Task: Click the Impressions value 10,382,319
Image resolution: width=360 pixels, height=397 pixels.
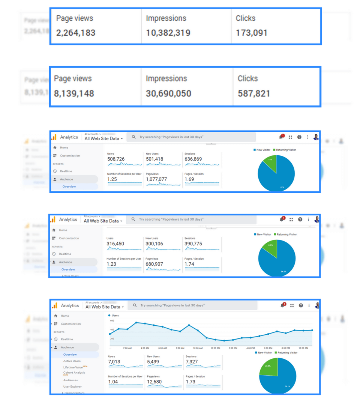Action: [x=168, y=33]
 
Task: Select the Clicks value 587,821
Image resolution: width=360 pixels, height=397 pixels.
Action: [x=254, y=93]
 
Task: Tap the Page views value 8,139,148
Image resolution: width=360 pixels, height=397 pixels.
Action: [x=74, y=93]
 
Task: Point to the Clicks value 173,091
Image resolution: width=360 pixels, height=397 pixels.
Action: [x=251, y=33]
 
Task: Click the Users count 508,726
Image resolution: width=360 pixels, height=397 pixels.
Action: [x=116, y=159]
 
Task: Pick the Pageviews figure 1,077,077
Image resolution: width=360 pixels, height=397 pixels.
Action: [x=156, y=179]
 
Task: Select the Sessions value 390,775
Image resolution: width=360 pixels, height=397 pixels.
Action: [x=193, y=244]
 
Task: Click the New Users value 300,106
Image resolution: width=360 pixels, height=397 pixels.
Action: [x=154, y=244]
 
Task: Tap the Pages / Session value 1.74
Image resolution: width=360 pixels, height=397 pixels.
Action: [x=190, y=264]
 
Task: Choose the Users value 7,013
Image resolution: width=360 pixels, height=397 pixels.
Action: [x=114, y=362]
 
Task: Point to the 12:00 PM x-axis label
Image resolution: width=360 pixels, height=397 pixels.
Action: [x=215, y=348]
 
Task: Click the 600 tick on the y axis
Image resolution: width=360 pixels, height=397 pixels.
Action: [x=112, y=321]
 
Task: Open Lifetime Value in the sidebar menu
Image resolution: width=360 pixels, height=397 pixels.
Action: [x=73, y=367]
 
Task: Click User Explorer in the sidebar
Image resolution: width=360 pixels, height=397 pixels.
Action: [x=72, y=386]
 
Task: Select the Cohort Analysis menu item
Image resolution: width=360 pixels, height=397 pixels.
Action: [x=74, y=373]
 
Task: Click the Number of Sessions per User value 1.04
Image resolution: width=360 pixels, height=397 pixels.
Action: [x=113, y=382]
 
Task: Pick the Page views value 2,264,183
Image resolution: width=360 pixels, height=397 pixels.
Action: [x=76, y=33]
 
